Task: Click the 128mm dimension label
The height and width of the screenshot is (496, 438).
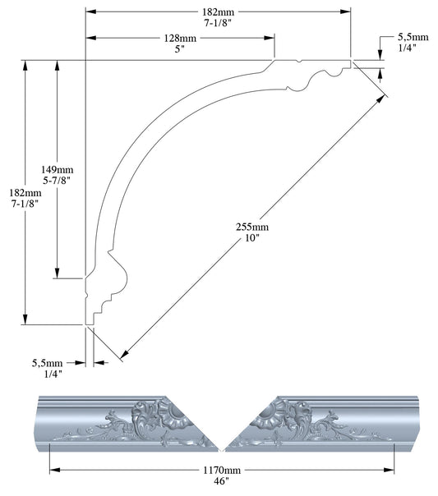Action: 179,38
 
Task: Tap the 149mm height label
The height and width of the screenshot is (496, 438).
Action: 58,170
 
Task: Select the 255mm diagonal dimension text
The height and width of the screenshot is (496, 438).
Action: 253,227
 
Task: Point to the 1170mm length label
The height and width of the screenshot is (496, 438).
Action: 222,471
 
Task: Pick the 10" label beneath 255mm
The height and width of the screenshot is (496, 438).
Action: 253,238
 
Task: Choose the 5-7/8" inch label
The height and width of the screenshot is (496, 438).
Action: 58,181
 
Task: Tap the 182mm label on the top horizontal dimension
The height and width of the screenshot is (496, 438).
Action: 218,11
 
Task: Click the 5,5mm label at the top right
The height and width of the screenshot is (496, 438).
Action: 413,38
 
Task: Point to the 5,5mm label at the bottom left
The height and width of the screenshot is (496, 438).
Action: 47,362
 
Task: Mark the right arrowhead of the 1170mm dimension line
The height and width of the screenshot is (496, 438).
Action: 391,470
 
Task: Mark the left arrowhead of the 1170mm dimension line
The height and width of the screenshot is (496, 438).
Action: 53,470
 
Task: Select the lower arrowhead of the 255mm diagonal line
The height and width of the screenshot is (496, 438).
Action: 122,356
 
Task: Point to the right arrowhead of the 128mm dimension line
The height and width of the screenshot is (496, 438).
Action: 271,38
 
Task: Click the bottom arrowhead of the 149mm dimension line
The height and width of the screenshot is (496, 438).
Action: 58,275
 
